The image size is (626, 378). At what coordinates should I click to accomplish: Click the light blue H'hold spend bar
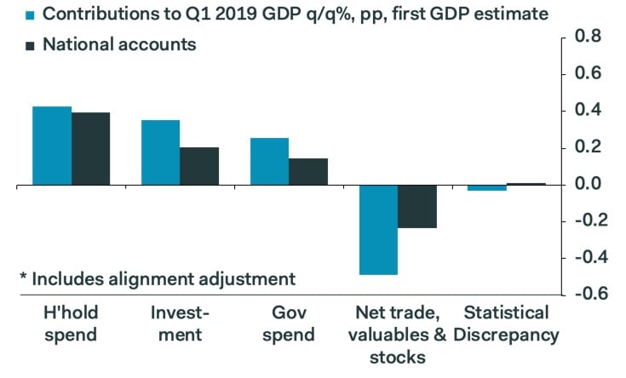pos(52,145)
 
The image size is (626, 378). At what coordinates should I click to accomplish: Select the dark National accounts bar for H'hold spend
pos(90,148)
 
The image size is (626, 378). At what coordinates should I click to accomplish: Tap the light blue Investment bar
pos(160,152)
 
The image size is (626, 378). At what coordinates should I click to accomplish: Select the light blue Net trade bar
pos(378,229)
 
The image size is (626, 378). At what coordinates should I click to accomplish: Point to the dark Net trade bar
pos(416,206)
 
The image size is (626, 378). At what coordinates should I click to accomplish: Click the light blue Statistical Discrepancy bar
pos(487,187)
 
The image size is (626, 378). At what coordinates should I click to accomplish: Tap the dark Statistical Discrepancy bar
pos(525,184)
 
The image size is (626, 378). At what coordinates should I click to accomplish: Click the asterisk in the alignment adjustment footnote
pos(23,277)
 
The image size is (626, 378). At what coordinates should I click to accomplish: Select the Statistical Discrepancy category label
pos(506,324)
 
